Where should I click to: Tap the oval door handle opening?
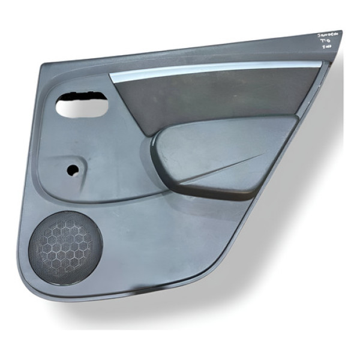point(82,106)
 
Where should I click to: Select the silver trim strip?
point(216,71)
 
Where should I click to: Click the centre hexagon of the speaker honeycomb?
point(66,245)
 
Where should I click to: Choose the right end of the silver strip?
point(324,62)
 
